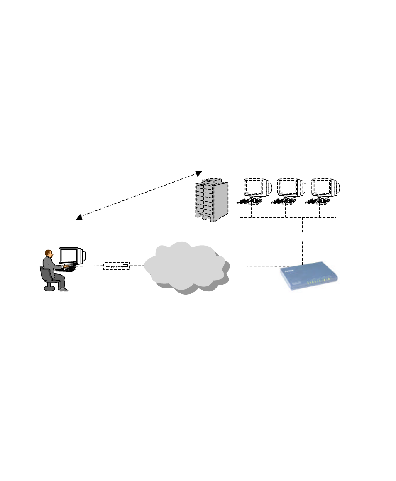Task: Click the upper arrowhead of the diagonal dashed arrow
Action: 198,173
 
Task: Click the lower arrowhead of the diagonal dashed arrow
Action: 79,217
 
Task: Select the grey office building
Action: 211,201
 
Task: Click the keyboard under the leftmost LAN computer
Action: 250,202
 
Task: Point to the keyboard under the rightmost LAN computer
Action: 318,202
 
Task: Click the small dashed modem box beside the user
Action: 117,266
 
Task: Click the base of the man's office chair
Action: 49,287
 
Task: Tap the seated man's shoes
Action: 64,289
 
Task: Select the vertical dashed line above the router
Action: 303,241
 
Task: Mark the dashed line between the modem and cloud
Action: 137,266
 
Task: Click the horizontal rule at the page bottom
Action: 198,453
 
